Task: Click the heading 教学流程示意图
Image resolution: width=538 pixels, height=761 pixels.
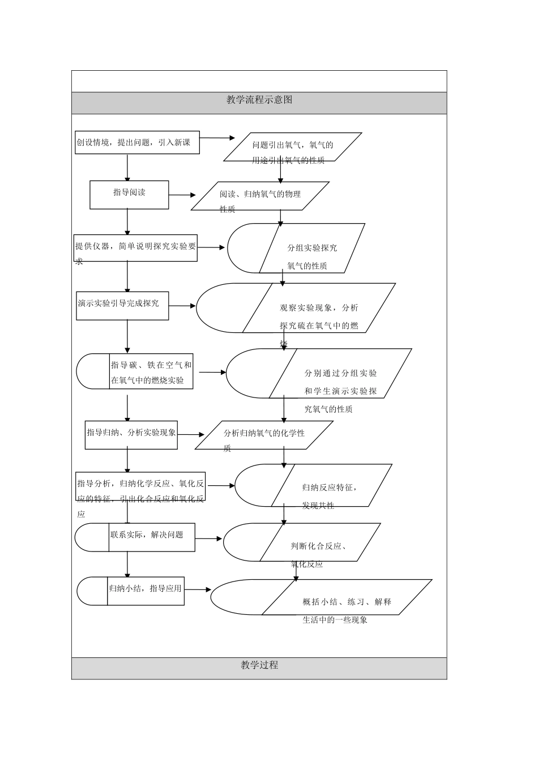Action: pos(259,100)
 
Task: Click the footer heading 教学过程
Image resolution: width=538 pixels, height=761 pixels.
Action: pos(259,665)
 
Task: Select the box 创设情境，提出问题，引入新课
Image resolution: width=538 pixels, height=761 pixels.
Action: pos(138,143)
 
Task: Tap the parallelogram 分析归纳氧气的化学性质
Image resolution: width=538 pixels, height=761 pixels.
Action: pos(264,434)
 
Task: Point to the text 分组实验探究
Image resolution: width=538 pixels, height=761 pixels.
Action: pos(311,248)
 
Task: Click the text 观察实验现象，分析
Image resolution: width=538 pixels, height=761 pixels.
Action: pos(319,308)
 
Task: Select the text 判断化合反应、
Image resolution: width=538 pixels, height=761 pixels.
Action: pos(319,546)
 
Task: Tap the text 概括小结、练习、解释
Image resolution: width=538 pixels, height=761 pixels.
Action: pos(347,602)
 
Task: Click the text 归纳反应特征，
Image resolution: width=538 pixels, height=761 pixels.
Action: pos(330,488)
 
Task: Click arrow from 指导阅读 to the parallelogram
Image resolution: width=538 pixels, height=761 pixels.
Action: pos(182,195)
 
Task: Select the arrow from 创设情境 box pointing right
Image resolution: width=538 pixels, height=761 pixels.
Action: pos(217,138)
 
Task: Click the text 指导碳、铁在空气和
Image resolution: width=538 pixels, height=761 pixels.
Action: pos(151,365)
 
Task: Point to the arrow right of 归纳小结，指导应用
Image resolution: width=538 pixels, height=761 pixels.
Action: pos(198,589)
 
